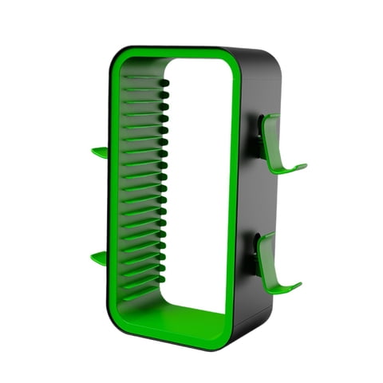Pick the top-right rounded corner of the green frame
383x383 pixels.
[x=231, y=60]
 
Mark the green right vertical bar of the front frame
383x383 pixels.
[x=233, y=199]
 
